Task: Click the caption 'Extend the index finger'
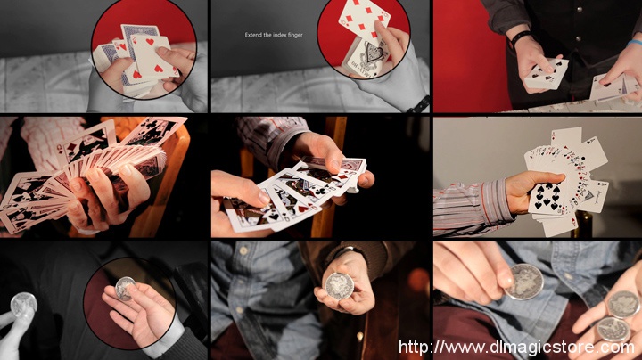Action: (x=274, y=35)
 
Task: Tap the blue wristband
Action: (x=635, y=43)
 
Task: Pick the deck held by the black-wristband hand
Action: (x=547, y=74)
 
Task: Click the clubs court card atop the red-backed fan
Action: (x=153, y=132)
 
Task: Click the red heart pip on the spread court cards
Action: (x=302, y=209)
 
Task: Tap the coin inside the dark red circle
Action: (x=126, y=288)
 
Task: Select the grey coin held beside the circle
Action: (x=23, y=305)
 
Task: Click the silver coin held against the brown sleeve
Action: (x=339, y=285)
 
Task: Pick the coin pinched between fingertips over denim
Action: (x=524, y=282)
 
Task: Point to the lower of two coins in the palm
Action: (x=613, y=330)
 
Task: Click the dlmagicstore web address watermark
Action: (x=516, y=348)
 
